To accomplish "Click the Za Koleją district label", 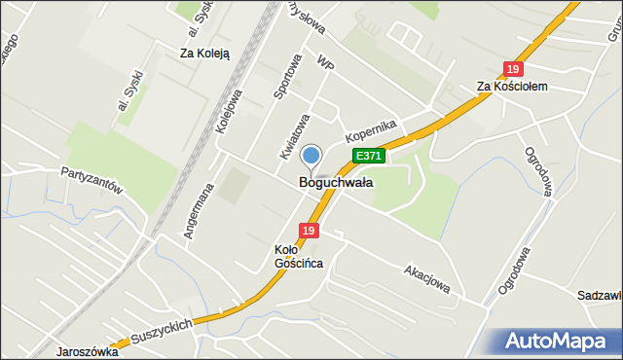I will (204, 54).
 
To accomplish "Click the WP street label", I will (325, 62).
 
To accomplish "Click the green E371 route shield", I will (370, 156).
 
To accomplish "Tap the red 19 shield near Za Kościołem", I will (513, 69).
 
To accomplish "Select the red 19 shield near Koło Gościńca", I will (309, 231).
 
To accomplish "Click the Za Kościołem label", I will (513, 87).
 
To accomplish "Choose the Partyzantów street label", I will (91, 178).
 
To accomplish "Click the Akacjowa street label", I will (427, 276).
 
